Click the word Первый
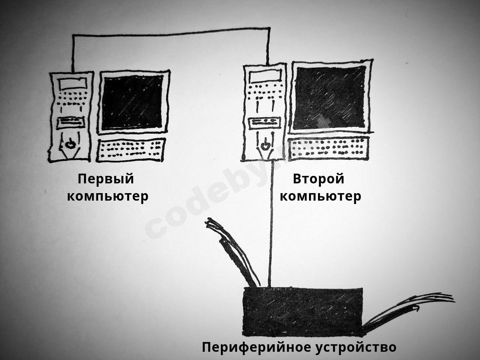[x=106, y=179]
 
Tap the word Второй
[x=318, y=179]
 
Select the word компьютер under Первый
[x=108, y=196]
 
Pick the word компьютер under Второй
[x=320, y=196]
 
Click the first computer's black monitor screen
[x=132, y=102]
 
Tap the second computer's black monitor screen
[x=330, y=98]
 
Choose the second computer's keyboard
[x=328, y=148]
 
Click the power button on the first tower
[x=70, y=144]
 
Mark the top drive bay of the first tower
[x=72, y=84]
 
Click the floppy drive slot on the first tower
[x=70, y=123]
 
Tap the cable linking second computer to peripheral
[x=271, y=224]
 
